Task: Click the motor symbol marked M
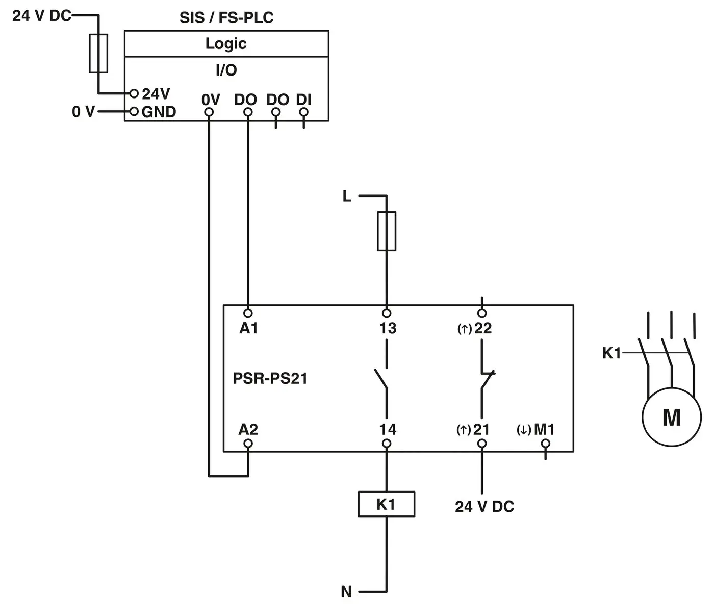671,417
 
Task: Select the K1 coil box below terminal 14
386,504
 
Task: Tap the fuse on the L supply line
387,231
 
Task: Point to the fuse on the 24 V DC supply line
98,54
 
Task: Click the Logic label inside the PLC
226,44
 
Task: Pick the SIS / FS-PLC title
226,18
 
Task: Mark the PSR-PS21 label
270,378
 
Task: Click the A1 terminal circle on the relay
248,313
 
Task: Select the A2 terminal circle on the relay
248,444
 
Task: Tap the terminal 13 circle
387,313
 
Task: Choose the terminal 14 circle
387,444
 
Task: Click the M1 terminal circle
545,444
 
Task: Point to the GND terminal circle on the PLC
134,111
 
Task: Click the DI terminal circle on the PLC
304,112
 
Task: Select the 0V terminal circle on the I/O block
208,112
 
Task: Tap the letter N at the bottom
346,592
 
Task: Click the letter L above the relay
347,196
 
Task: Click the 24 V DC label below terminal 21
484,507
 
